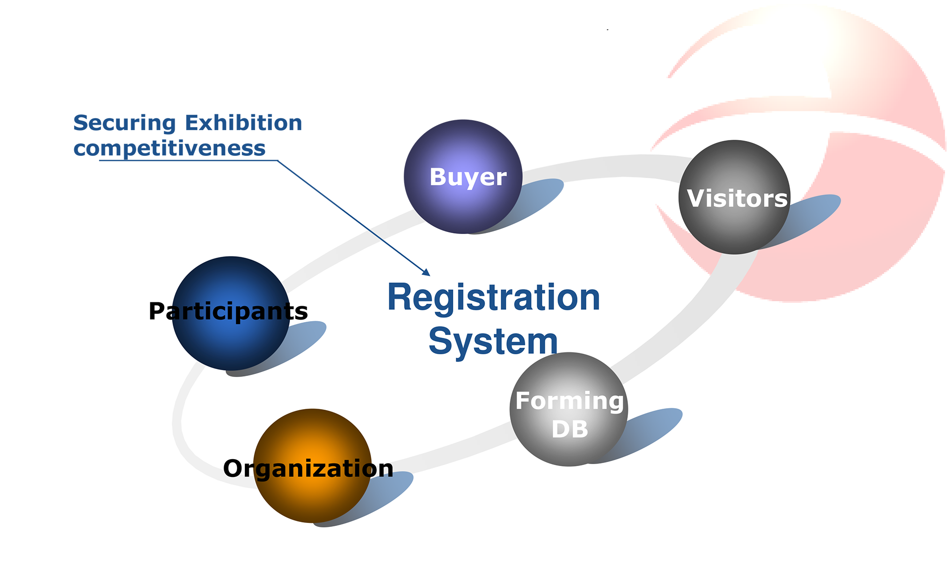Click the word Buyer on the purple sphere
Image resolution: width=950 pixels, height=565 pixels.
pos(468,177)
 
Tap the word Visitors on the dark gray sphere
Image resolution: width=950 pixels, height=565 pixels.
pos(737,198)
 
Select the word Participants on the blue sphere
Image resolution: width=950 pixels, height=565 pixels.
pos(228,311)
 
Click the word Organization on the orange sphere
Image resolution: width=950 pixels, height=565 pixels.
pos(308,468)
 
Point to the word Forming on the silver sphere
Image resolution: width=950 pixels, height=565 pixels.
pos(569,401)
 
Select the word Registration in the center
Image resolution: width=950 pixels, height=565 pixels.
pos(493,298)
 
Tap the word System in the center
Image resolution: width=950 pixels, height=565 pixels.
pos(493,341)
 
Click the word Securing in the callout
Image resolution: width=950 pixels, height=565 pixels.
pos(125,123)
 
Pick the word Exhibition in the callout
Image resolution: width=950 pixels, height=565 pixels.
pos(243,123)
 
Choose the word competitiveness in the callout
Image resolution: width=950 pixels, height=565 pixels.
pos(169,148)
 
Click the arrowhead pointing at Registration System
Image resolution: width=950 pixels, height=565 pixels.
pos(426,272)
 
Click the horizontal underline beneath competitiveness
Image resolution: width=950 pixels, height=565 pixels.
pos(188,160)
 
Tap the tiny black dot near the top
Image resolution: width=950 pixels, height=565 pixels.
pos(608,30)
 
